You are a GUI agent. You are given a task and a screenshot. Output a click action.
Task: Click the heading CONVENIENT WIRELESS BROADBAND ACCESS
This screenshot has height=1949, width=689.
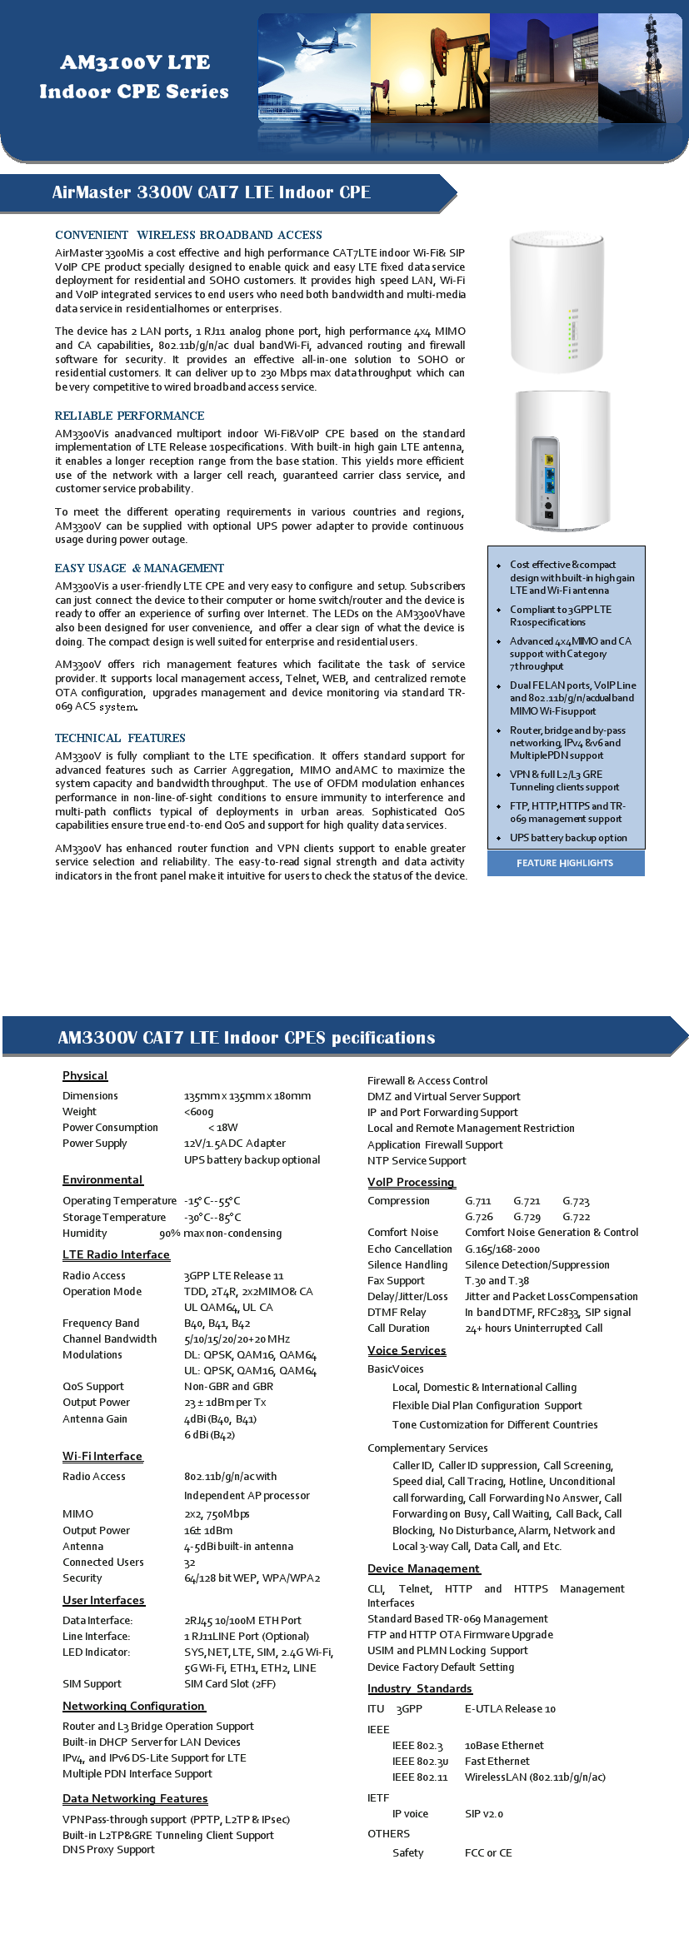click(188, 235)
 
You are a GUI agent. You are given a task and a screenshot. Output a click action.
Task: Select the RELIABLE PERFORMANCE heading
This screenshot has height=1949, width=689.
click(129, 416)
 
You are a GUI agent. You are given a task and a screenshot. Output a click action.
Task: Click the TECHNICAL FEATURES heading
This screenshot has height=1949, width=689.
click(120, 738)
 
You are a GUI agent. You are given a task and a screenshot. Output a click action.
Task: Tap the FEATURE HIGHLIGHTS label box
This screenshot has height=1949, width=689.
click(565, 863)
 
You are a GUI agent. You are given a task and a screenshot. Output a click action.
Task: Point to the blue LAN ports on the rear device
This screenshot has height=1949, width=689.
click(549, 480)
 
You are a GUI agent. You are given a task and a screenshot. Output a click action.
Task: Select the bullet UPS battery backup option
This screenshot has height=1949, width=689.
click(568, 838)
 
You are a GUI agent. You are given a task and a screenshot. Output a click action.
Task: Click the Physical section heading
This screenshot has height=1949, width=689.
click(85, 1075)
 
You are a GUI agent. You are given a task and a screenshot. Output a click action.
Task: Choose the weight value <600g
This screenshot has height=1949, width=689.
click(198, 1111)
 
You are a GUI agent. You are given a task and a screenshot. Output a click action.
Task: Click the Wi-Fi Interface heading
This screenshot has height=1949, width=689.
click(102, 1456)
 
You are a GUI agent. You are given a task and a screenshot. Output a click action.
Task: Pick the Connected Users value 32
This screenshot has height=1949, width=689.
click(190, 1563)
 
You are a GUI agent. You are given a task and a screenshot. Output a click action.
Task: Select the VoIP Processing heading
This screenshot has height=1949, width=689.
click(411, 1182)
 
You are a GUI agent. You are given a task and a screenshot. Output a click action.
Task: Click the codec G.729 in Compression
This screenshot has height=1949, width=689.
click(527, 1217)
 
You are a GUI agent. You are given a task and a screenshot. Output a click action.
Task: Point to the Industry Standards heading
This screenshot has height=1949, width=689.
click(419, 1688)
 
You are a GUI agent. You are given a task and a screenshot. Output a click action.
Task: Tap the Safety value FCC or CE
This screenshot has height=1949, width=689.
click(488, 1852)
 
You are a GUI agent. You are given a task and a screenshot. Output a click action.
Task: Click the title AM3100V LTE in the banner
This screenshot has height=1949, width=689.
click(135, 62)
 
